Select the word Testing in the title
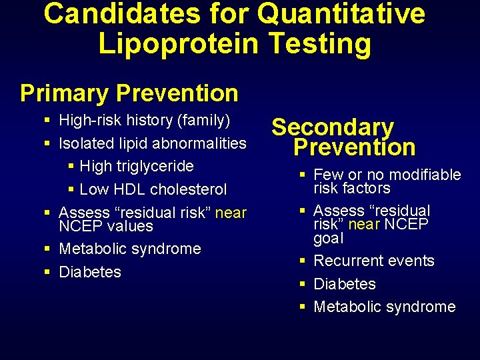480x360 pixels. (x=320, y=43)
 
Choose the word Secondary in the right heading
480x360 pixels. (x=333, y=127)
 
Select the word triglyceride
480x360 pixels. (x=158, y=166)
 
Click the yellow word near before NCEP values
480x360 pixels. (x=231, y=213)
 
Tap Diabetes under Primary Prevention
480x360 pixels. (x=90, y=272)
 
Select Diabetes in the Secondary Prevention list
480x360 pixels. (x=345, y=284)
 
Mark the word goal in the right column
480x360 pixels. (x=329, y=239)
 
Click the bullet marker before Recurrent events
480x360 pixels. (x=303, y=261)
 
